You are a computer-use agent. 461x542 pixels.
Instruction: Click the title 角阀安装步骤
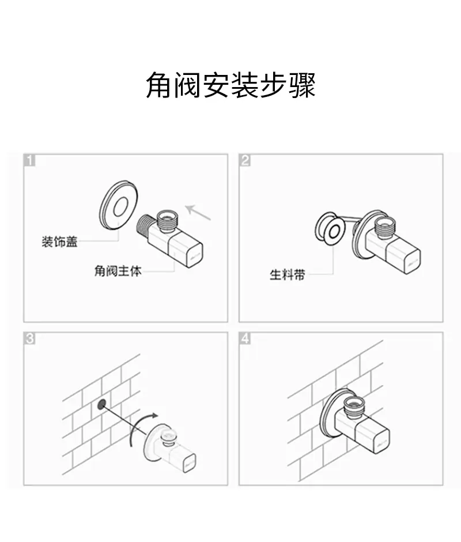click(x=231, y=85)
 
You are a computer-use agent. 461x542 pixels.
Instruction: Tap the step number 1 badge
click(x=30, y=160)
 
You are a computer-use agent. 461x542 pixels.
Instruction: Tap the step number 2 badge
click(x=245, y=160)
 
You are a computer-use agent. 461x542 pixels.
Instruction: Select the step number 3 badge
click(x=30, y=338)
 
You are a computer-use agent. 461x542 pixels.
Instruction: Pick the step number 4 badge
click(x=245, y=338)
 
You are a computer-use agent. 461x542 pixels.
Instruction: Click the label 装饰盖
click(x=59, y=242)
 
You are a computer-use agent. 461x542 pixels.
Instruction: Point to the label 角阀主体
click(x=118, y=270)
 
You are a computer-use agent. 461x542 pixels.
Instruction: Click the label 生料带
click(x=288, y=275)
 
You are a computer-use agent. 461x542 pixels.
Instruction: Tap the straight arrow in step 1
click(x=198, y=212)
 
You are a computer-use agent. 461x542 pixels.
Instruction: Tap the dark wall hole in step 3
click(x=102, y=404)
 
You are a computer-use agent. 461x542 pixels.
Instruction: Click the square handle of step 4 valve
click(x=373, y=438)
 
